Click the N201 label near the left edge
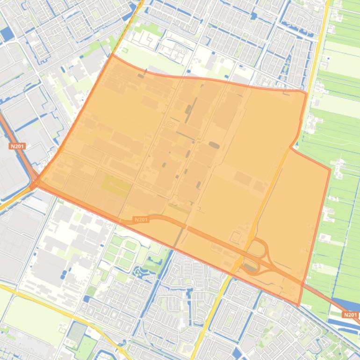coord(16,146)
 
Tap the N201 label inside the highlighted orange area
coord(141,219)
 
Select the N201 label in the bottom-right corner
coord(350,315)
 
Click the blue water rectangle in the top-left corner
coord(7,34)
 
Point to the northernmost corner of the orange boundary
coord(112,55)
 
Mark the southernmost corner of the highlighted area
coord(298,306)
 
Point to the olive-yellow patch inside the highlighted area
coord(116,185)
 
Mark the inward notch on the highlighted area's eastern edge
coord(290,147)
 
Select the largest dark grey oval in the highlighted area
coord(214,145)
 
